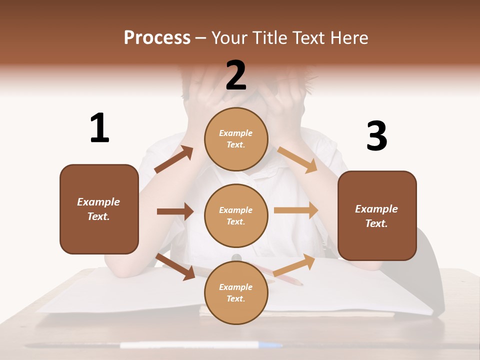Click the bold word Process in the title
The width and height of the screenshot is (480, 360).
pyautogui.click(x=157, y=38)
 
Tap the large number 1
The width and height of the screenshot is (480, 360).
pyautogui.click(x=99, y=128)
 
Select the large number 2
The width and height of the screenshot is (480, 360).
pyautogui.click(x=236, y=75)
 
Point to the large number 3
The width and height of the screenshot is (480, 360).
pyautogui.click(x=376, y=136)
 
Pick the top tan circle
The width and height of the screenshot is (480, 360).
pyautogui.click(x=236, y=139)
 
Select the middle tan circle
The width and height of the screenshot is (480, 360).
pyautogui.click(x=236, y=215)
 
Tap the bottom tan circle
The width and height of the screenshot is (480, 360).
pyautogui.click(x=236, y=292)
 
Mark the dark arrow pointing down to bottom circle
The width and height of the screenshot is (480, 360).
pyautogui.click(x=175, y=266)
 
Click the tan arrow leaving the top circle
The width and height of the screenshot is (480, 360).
pyautogui.click(x=297, y=159)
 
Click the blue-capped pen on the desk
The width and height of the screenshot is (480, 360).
pyautogui.click(x=200, y=345)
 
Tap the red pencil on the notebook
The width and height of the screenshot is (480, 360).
pyautogui.click(x=285, y=276)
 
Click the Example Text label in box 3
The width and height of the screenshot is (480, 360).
pyautogui.click(x=376, y=216)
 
